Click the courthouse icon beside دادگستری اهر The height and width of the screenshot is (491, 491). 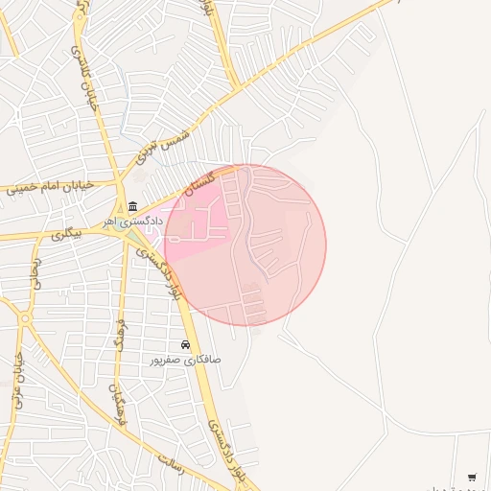131,206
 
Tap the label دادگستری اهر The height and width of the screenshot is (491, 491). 135,222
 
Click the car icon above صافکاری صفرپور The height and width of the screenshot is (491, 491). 185,344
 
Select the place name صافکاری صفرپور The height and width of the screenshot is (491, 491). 185,360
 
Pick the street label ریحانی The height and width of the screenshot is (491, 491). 37,272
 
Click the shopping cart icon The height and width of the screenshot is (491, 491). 472,477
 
